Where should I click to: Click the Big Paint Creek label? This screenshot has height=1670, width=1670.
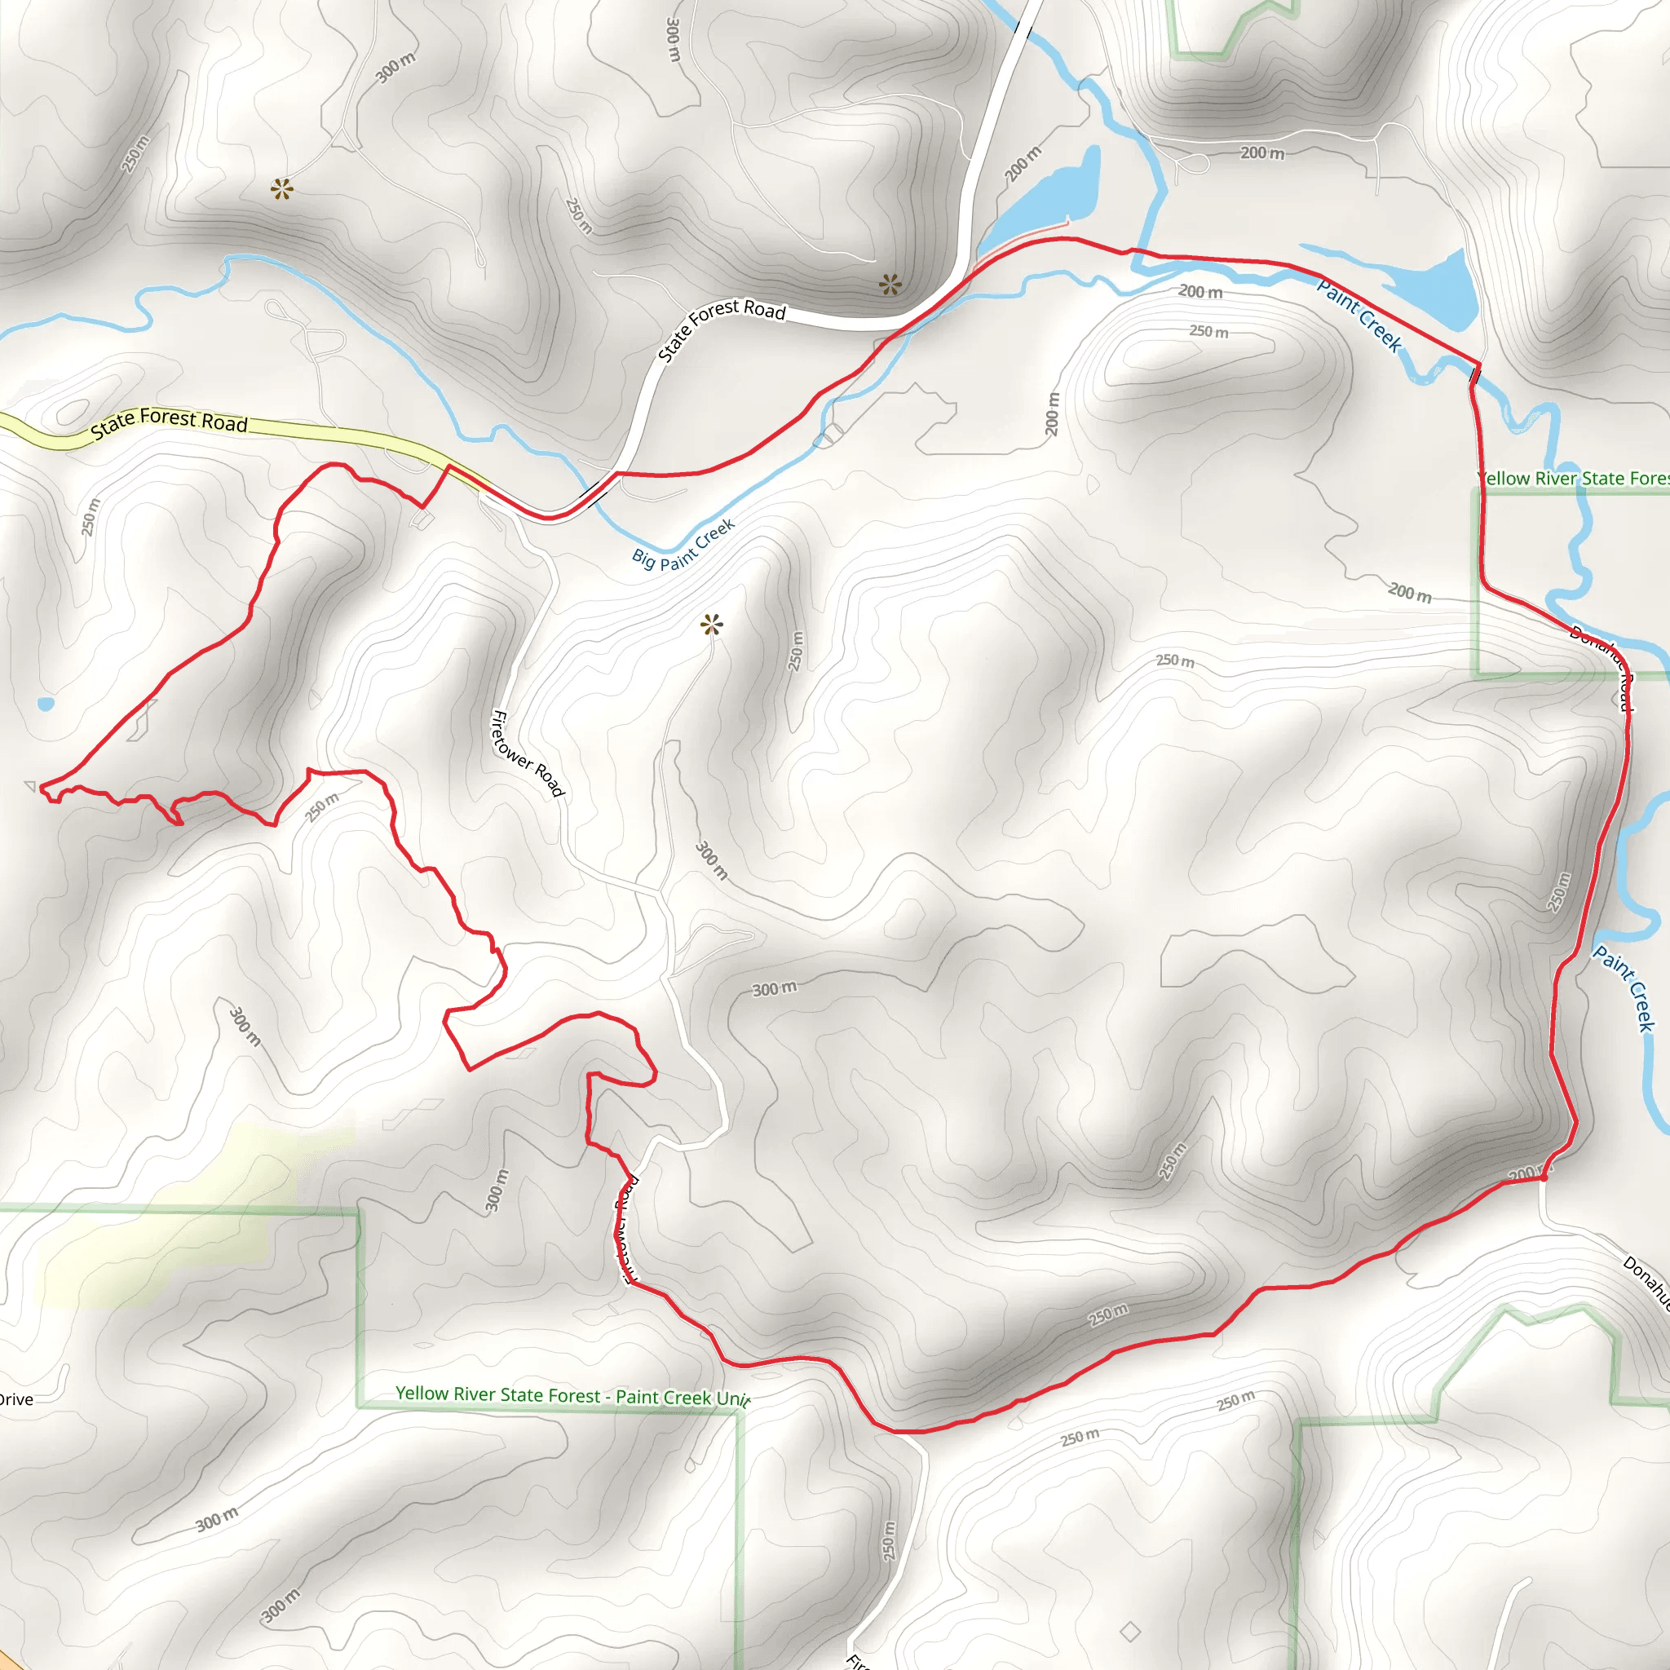coord(683,545)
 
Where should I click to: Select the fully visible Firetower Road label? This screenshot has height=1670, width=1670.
coord(528,752)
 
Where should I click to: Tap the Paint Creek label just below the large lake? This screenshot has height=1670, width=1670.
coord(1358,314)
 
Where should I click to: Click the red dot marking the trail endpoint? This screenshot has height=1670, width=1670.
coord(1544,1177)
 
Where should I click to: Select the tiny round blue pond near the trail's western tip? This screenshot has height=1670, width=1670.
coord(46,704)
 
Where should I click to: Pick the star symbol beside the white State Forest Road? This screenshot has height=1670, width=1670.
coord(890,284)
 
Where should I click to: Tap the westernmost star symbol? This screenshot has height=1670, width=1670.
coord(282,188)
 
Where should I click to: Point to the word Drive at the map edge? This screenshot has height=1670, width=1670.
coord(15,1399)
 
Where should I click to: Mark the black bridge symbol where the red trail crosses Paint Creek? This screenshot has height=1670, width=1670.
coord(1474,375)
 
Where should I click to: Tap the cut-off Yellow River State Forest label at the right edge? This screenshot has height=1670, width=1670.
coord(1573,478)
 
